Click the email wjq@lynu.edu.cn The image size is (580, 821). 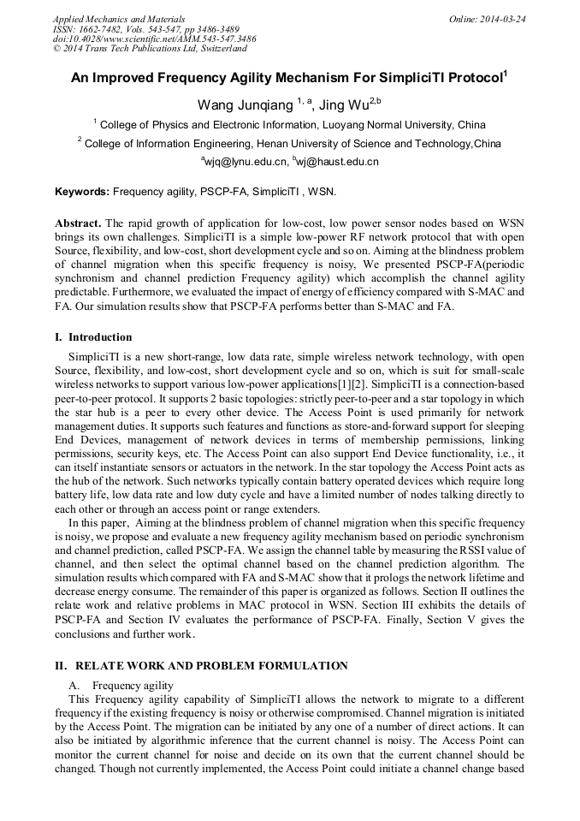[246, 161]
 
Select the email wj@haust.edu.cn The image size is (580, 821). [339, 161]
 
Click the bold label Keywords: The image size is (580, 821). [82, 192]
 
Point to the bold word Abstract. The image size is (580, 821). [78, 223]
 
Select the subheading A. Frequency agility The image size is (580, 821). [121, 686]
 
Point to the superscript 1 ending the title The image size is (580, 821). [506, 74]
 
